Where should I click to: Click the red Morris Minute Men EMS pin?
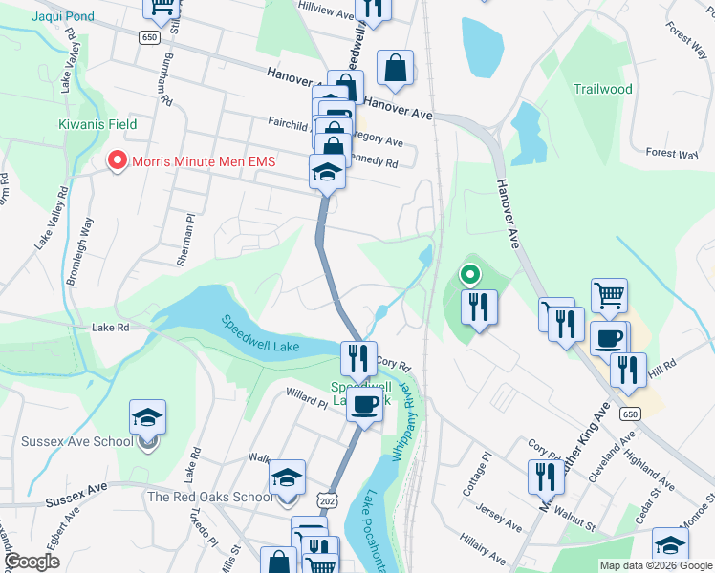point(118,161)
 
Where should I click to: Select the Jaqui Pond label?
point(62,16)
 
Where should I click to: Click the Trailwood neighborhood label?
point(602,89)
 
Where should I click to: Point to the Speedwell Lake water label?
point(261,335)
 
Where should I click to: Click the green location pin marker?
point(470,276)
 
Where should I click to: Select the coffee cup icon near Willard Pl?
point(364,405)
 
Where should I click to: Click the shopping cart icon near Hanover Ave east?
point(609,296)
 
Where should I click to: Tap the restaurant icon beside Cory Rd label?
point(358,358)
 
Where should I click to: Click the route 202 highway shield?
point(327,499)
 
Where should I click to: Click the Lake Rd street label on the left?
point(110,328)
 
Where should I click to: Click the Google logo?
point(32,562)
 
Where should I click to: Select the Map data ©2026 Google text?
point(655,565)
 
